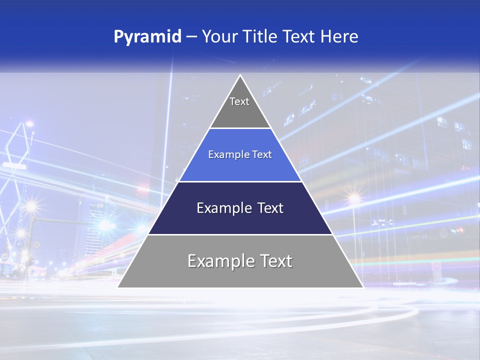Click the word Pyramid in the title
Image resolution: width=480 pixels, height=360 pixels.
click(147, 37)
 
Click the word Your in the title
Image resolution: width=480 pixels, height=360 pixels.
click(219, 37)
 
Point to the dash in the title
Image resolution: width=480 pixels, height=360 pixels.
click(191, 37)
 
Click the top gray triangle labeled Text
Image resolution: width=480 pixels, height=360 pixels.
click(239, 107)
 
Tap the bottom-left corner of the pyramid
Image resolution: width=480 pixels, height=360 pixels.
click(118, 287)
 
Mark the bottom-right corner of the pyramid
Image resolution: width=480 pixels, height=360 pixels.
click(363, 287)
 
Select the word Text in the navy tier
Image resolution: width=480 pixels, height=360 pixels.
click(269, 208)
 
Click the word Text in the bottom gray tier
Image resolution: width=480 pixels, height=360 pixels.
click(274, 261)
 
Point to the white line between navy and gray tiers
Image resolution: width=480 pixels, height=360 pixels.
click(240, 234)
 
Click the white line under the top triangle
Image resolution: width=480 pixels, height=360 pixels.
click(240, 128)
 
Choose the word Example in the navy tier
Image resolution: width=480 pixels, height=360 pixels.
click(223, 208)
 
